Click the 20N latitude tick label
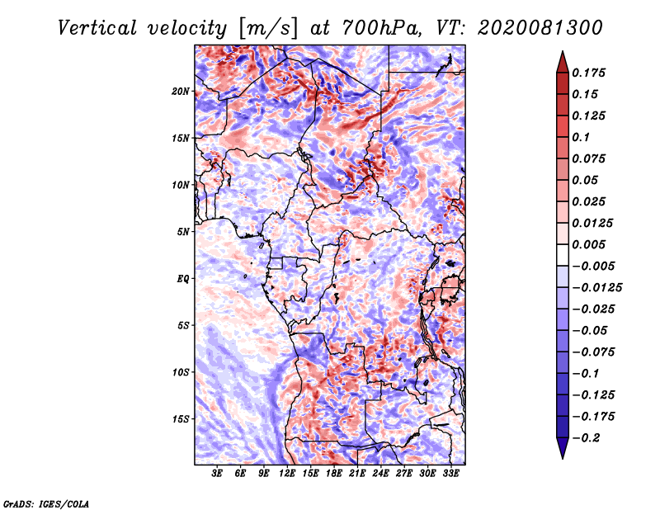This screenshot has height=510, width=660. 181,91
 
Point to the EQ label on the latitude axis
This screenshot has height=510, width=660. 183,278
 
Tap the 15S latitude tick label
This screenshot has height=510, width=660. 181,418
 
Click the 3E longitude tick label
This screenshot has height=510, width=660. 218,474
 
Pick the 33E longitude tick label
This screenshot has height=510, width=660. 450,474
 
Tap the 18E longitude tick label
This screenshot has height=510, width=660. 334,474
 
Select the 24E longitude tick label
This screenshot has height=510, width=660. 380,474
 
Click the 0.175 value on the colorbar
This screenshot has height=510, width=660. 589,73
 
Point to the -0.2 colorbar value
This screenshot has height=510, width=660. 587,437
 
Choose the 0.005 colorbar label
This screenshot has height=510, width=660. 589,244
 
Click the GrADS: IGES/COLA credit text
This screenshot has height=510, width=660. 46,503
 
